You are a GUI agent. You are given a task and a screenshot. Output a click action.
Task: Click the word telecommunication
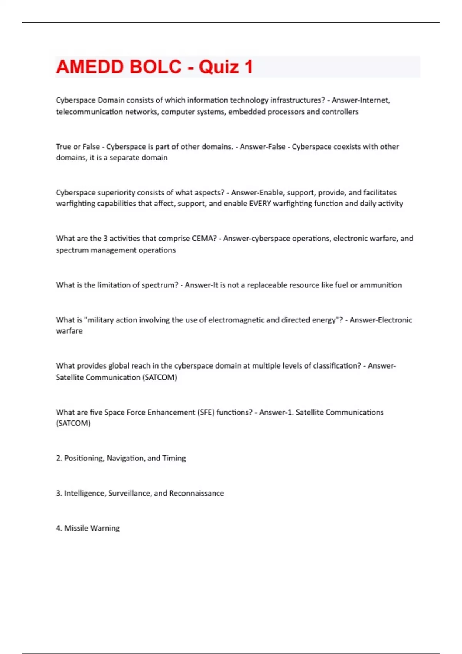89,112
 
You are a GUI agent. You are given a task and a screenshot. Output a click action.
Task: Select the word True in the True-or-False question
63,147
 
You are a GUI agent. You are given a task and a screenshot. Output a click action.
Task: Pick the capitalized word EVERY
260,204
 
